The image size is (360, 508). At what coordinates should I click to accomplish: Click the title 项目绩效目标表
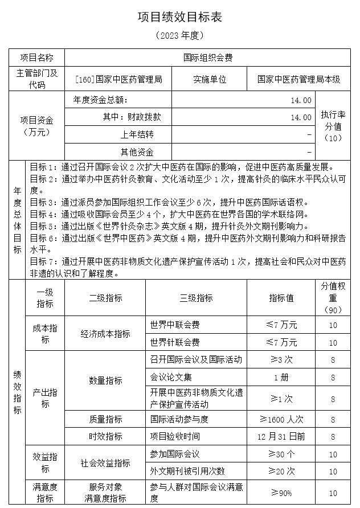[x=179, y=17]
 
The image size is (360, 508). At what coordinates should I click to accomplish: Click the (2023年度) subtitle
[x=179, y=35]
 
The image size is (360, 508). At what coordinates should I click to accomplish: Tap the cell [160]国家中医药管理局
[x=118, y=79]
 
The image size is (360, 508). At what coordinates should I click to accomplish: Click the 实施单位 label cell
[x=210, y=79]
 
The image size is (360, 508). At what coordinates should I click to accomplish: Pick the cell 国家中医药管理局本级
[x=298, y=79]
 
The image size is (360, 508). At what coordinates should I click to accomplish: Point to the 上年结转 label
[x=137, y=135]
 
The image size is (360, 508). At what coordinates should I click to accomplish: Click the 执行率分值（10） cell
[x=332, y=126]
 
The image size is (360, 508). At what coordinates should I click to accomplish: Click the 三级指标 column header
[x=197, y=298]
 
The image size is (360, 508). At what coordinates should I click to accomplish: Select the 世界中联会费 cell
[x=175, y=325]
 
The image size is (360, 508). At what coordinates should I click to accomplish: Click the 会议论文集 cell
[x=171, y=377]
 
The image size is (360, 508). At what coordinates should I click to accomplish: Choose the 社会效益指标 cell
[x=105, y=462]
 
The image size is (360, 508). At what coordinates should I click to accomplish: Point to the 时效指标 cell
[x=105, y=436]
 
